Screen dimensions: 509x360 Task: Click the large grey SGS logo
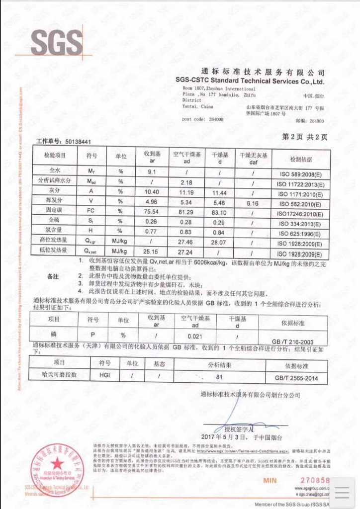point(57,42)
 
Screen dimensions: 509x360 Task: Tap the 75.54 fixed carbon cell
point(151,212)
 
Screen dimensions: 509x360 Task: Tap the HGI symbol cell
point(104,376)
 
